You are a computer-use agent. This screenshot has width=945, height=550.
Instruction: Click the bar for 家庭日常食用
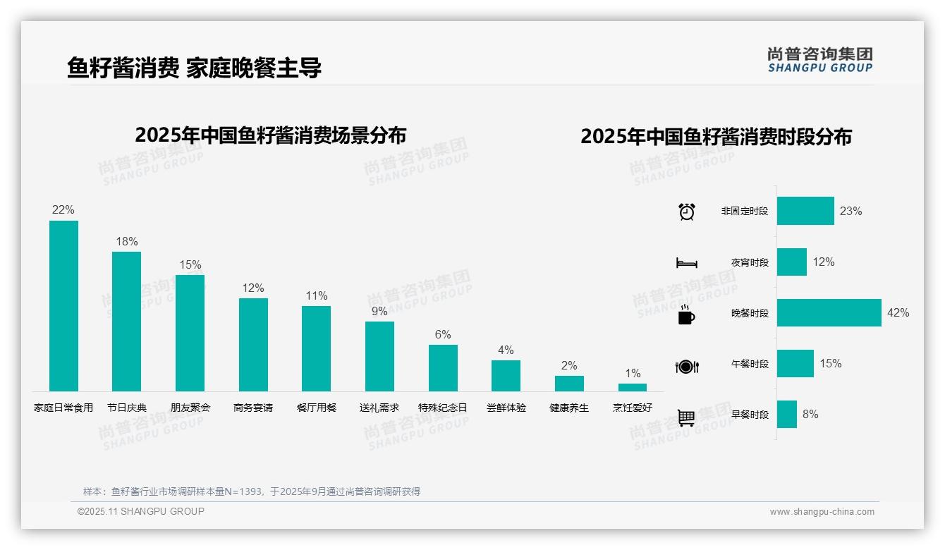point(63,306)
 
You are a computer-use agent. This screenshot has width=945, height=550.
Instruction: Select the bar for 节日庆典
point(126,322)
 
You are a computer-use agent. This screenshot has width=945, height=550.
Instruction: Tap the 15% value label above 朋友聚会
point(190,265)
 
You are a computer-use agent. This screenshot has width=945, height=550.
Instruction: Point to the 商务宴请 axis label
point(253,408)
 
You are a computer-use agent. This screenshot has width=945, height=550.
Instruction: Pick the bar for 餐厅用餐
point(316,348)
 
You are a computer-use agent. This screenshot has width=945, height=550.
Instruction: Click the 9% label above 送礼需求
point(379,311)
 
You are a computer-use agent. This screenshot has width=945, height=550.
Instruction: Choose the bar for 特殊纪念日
point(443,368)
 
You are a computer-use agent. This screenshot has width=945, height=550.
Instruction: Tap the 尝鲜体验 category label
point(506,408)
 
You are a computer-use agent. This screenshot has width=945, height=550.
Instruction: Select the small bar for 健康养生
point(569,384)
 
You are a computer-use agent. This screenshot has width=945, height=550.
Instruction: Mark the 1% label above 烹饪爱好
point(633,373)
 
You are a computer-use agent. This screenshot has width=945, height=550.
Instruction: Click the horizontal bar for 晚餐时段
point(829,313)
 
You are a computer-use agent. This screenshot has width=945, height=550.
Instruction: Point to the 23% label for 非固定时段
point(850,212)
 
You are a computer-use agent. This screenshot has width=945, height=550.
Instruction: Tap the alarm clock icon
point(687,212)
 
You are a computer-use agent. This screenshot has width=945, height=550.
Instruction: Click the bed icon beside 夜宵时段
point(687,263)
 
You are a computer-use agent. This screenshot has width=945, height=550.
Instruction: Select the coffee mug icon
point(686,314)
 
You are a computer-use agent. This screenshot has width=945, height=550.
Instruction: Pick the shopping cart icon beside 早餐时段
point(686,417)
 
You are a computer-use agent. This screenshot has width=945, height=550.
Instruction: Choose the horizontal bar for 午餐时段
point(795,364)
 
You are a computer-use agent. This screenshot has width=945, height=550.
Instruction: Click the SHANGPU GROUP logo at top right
point(820,60)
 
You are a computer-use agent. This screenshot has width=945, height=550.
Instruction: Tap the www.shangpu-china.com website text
point(822,512)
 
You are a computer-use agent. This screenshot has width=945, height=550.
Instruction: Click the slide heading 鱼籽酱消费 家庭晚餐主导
point(195,68)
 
